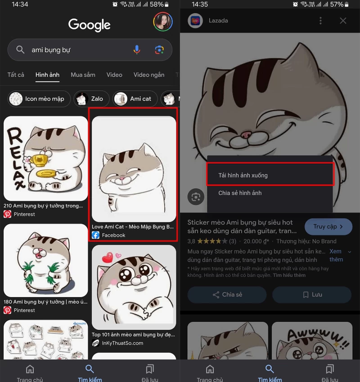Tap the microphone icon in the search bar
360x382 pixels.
click(x=137, y=50)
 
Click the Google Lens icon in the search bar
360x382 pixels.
click(x=159, y=50)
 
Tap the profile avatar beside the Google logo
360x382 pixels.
click(x=162, y=22)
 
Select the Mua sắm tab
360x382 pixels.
click(x=83, y=75)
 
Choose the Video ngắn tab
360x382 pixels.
click(x=149, y=75)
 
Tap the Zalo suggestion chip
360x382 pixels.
click(x=90, y=99)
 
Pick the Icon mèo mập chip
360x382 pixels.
click(x=39, y=99)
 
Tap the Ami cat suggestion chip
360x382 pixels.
click(x=135, y=99)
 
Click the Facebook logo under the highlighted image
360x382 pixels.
click(x=95, y=235)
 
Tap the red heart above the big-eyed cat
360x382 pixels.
click(x=107, y=258)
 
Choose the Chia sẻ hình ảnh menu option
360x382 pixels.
click(x=240, y=193)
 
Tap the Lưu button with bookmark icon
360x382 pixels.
click(x=312, y=295)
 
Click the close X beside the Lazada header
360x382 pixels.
click(x=343, y=21)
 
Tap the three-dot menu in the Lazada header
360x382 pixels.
click(x=320, y=21)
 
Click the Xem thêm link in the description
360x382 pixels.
click(x=336, y=255)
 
